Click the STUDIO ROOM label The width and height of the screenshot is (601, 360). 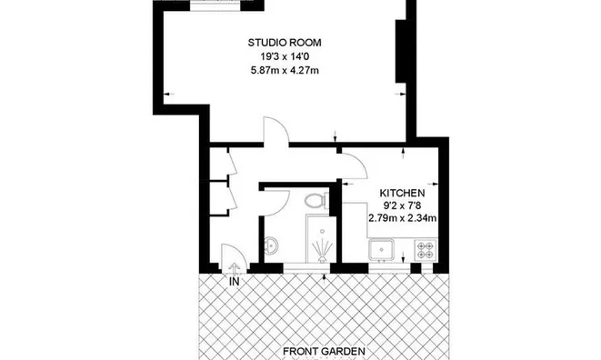[285, 43]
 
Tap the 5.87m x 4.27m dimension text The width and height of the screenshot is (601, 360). [285, 70]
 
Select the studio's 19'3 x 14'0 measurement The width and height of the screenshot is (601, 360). [285, 56]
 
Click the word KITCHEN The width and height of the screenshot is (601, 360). [402, 193]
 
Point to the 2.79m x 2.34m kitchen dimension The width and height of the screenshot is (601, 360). [402, 218]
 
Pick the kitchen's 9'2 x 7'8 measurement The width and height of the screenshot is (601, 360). [402, 205]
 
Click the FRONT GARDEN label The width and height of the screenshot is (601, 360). [324, 351]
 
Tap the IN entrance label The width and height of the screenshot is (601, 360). [235, 282]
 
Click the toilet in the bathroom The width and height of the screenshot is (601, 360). [316, 200]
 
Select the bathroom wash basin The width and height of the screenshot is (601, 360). [271, 245]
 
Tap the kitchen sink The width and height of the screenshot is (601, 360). [381, 250]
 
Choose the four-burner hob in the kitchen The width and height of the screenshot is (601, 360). [426, 250]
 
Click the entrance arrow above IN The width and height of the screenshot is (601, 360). [235, 268]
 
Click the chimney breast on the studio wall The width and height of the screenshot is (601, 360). [401, 51]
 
